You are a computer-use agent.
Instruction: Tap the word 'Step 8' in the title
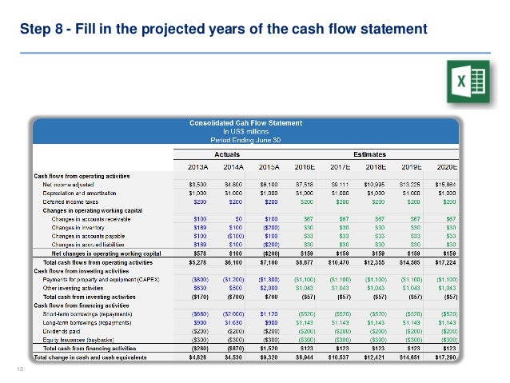pyautogui.click(x=39, y=30)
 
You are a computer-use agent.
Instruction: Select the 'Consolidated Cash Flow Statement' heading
pyautogui.click(x=245, y=123)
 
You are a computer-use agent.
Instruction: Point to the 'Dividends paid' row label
pyautogui.click(x=62, y=330)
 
